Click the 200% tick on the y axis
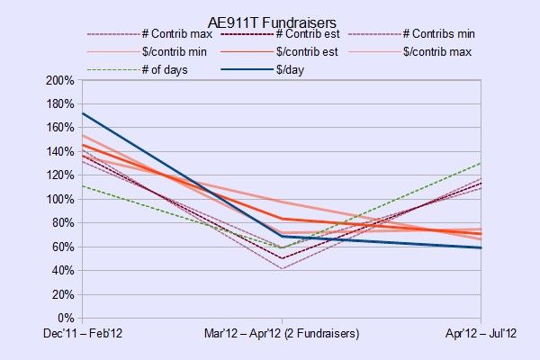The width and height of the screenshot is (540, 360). [x=60, y=80]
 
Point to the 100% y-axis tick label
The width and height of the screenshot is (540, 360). [x=60, y=199]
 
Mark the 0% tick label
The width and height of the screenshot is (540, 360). [x=66, y=318]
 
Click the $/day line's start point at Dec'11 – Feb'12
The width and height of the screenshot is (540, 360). [x=83, y=113]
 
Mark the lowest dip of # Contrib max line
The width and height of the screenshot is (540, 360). [x=282, y=269]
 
